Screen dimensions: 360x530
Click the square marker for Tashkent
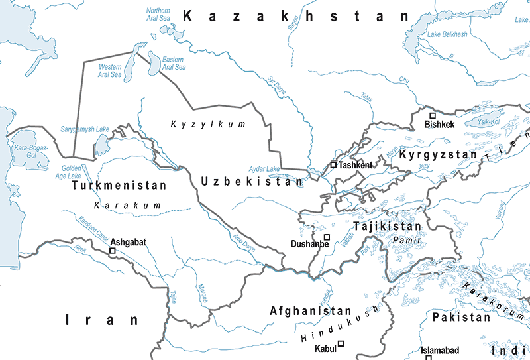tap(334, 164)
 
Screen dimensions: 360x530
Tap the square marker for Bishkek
tap(433, 115)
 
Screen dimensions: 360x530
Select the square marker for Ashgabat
tap(113, 251)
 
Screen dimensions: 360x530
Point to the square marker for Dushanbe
tap(327, 237)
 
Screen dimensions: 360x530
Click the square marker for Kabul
tap(341, 343)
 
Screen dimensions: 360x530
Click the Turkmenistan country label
tap(118, 186)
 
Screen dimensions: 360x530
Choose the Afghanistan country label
tap(311, 310)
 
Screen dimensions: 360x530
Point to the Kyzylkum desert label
tap(207, 124)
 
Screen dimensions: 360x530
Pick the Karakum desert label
tap(128, 206)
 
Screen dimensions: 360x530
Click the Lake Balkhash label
tap(447, 34)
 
